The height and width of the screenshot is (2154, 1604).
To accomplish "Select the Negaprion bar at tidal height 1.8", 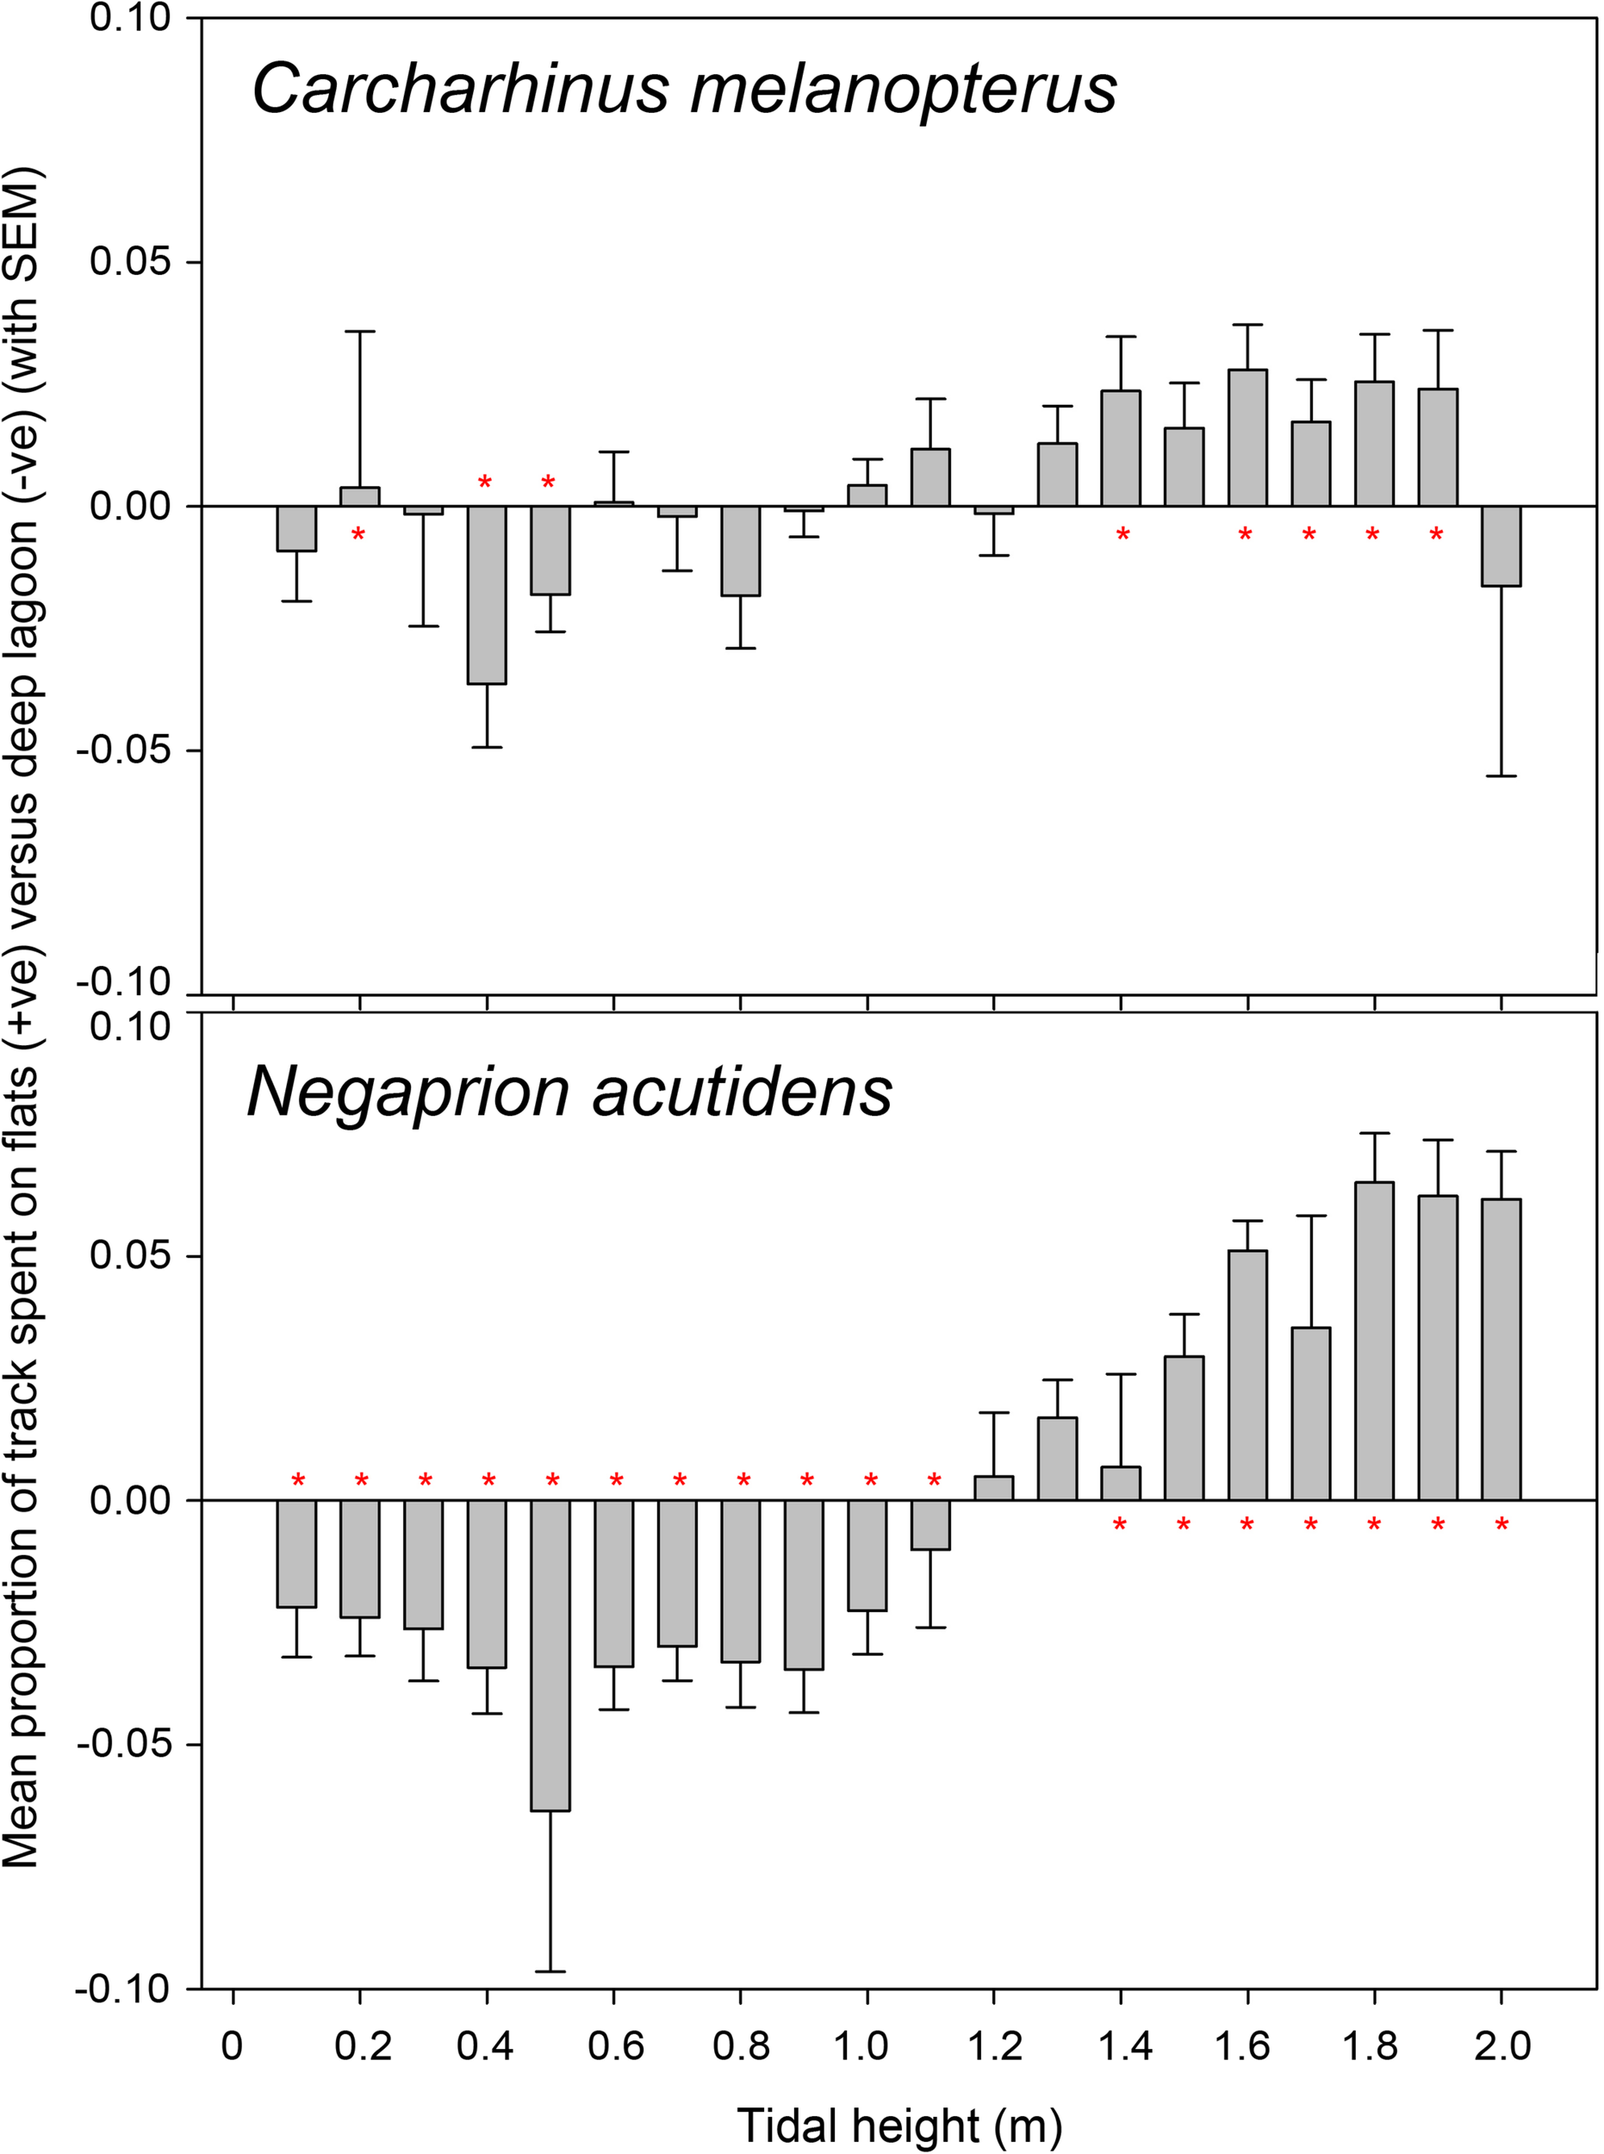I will click(x=1374, y=1340).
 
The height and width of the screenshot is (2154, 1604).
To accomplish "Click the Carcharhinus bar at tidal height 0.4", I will click(x=487, y=595).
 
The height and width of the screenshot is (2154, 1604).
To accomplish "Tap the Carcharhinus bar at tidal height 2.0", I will click(x=1501, y=545).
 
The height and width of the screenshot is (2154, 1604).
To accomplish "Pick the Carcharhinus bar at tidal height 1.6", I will click(x=1247, y=438).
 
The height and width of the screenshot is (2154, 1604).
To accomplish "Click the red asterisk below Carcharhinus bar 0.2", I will click(x=358, y=535).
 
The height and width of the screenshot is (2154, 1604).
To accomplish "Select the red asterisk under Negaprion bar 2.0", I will click(x=1501, y=1526).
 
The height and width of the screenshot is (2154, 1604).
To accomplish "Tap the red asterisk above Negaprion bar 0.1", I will click(x=298, y=1481).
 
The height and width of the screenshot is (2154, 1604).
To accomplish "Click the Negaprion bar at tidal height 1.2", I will click(x=993, y=1489).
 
